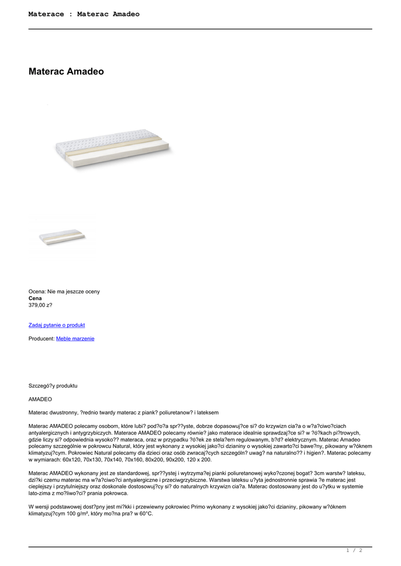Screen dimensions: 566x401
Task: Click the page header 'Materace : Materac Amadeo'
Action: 84,14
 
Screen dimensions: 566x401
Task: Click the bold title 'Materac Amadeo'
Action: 66,72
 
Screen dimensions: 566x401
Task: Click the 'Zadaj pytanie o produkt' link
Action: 56,325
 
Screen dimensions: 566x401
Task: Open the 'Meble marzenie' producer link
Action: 75,338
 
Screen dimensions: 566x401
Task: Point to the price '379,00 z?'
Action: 40,305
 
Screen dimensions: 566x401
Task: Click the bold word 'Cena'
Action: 35,298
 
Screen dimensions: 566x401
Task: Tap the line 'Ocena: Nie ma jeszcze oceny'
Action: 64,291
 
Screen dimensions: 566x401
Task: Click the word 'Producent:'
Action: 41,338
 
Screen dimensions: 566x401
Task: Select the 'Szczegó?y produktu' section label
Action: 53,385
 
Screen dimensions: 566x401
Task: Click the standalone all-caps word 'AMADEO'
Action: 40,399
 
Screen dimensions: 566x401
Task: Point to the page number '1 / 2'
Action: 354,550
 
